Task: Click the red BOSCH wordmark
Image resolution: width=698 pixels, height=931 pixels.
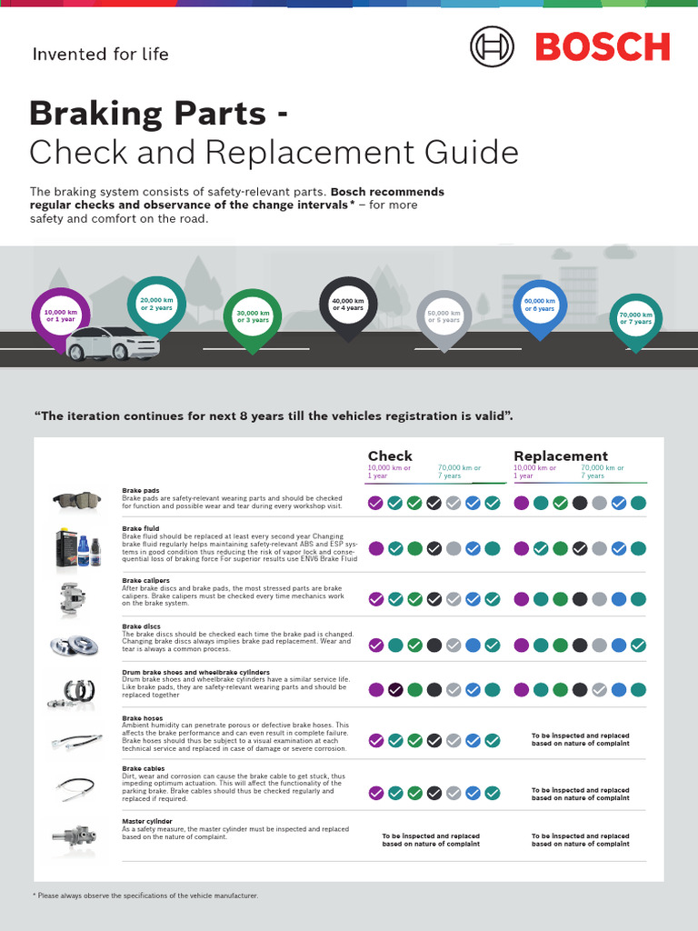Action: pos(603,46)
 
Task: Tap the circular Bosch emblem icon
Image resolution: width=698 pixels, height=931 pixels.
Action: pos(492,46)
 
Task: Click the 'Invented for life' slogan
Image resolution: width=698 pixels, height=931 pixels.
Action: pos(100,54)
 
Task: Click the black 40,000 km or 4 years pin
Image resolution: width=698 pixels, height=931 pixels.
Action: pos(347,305)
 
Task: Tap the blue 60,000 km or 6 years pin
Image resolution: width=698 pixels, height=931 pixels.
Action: pos(540,305)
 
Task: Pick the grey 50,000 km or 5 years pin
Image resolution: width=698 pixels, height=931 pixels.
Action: pos(444,317)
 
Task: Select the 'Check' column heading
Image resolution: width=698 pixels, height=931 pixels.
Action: pos(390,455)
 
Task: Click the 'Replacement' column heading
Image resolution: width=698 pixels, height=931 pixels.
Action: pos(561,455)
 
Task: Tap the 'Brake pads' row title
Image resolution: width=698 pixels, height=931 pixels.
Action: pos(141,491)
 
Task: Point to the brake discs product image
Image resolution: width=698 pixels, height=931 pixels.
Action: pos(75,646)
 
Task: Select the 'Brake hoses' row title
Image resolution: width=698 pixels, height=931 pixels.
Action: pos(143,718)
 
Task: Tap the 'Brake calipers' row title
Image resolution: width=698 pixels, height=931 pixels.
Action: pos(147,579)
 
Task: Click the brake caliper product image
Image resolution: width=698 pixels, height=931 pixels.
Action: pos(73,597)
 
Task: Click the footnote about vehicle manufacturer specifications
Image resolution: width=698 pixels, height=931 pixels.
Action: pos(145,896)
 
